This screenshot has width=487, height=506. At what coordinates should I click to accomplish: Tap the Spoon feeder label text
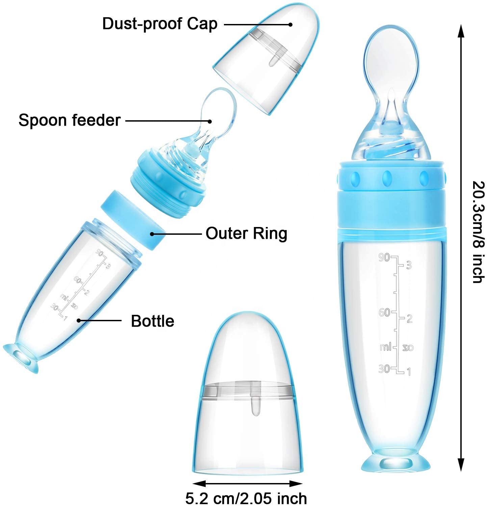pyautogui.click(x=69, y=120)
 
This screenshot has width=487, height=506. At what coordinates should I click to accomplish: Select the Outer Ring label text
pyautogui.click(x=246, y=233)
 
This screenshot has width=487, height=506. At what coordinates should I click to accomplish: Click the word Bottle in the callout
pyautogui.click(x=152, y=321)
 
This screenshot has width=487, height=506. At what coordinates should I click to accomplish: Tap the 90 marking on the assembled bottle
pyautogui.click(x=384, y=258)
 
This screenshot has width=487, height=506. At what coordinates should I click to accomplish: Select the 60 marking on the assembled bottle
pyautogui.click(x=384, y=312)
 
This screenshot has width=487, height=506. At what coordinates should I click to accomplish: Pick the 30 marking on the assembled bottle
pyautogui.click(x=384, y=369)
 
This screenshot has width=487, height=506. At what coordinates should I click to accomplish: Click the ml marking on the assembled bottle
pyautogui.click(x=385, y=347)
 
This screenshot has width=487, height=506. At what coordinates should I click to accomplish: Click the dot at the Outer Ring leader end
pyautogui.click(x=152, y=233)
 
